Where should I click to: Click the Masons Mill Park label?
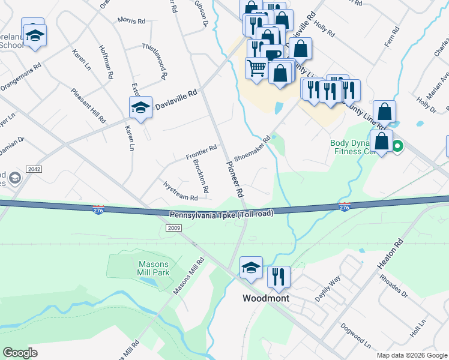pyautogui.click(x=154, y=268)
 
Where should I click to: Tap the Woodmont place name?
pyautogui.click(x=266, y=298)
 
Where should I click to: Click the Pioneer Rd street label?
pyautogui.click(x=235, y=179)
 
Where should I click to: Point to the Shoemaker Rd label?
pyautogui.click(x=252, y=148)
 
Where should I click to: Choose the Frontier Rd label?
pyautogui.click(x=200, y=153)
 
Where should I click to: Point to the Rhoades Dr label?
pyautogui.click(x=393, y=286)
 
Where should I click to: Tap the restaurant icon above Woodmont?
pyautogui.click(x=279, y=277)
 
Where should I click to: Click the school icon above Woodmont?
pyautogui.click(x=251, y=267)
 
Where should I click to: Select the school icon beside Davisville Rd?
pyautogui.click(x=141, y=107)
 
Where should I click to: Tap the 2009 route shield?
pyautogui.click(x=173, y=228)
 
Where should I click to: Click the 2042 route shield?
pyautogui.click(x=34, y=169)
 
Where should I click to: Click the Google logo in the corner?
pyautogui.click(x=20, y=353)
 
